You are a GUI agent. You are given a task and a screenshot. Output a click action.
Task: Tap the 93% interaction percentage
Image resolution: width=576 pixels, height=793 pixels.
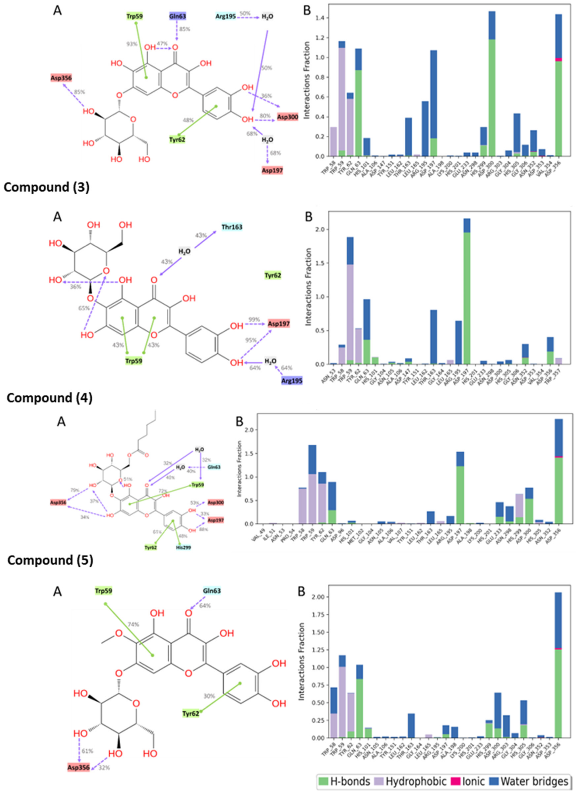click(x=132, y=44)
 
